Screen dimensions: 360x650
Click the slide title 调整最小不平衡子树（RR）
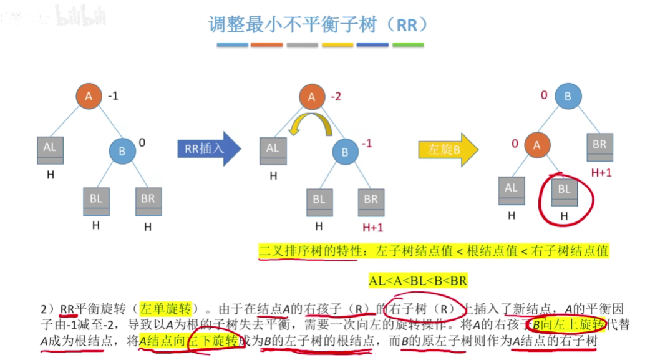coord(319,24)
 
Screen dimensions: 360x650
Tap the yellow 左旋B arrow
coord(447,149)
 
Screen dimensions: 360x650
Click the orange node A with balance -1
coord(89,96)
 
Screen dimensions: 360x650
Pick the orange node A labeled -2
coord(312,97)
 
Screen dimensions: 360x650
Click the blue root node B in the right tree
coord(568,97)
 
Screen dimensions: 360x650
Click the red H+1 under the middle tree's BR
coord(372,227)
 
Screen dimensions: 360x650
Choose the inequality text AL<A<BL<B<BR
coord(418,281)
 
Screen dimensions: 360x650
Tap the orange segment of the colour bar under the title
coord(267,46)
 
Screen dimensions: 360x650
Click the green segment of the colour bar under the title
coord(407,46)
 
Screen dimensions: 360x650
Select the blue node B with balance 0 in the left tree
coord(122,151)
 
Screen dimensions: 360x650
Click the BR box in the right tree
coord(599,148)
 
